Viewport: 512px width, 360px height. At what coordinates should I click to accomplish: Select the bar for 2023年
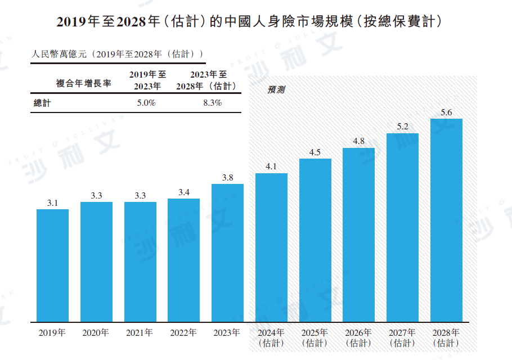point(227,253)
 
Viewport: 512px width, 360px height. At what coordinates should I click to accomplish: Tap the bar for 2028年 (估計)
point(446,220)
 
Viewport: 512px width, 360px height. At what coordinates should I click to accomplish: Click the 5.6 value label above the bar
point(446,112)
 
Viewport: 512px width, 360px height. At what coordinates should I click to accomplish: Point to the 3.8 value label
point(227,178)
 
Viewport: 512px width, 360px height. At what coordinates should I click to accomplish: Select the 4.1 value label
point(271,166)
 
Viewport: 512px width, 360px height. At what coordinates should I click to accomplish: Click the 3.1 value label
point(52,203)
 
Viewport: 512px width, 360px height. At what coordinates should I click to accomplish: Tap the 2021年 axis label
point(140,332)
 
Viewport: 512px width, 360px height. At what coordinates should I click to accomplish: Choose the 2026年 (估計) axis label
point(358,337)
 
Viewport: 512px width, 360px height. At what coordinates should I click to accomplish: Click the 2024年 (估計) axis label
point(271,337)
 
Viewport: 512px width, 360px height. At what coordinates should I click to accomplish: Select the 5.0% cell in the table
point(146,103)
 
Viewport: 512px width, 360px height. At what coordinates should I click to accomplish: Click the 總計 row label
point(42,103)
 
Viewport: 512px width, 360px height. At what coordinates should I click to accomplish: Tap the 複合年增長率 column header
point(83,83)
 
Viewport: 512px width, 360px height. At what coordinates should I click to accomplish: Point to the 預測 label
point(276,89)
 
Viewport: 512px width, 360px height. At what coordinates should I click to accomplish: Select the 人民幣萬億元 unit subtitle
point(116,54)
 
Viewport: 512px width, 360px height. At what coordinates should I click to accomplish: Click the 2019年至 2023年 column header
point(147,80)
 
